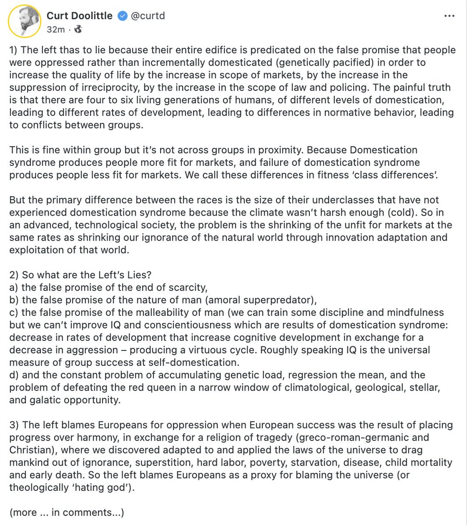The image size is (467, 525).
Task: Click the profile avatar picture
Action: coord(23,21)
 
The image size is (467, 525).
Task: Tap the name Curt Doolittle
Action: coord(79,16)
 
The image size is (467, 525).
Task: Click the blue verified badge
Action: coord(123,16)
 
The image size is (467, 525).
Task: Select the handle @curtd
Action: coord(147,16)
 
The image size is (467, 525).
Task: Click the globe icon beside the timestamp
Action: coord(78,29)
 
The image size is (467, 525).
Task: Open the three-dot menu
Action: coord(449,16)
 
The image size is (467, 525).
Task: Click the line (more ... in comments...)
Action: coord(67,512)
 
